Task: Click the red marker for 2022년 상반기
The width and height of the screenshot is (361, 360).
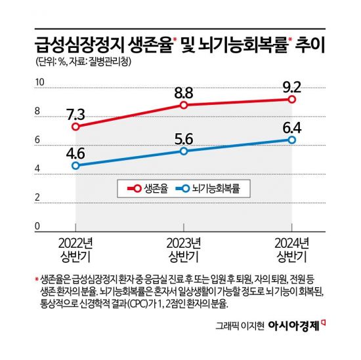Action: (76, 127)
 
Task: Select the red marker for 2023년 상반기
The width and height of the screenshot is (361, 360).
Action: (184, 105)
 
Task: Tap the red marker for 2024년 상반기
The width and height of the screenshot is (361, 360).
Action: (291, 99)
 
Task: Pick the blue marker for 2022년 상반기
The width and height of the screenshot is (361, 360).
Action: (76, 166)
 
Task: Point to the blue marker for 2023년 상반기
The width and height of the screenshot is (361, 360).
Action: (184, 151)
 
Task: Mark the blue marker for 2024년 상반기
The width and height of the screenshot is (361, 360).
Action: (291, 140)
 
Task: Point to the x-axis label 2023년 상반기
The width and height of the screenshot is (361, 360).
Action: (184, 247)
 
